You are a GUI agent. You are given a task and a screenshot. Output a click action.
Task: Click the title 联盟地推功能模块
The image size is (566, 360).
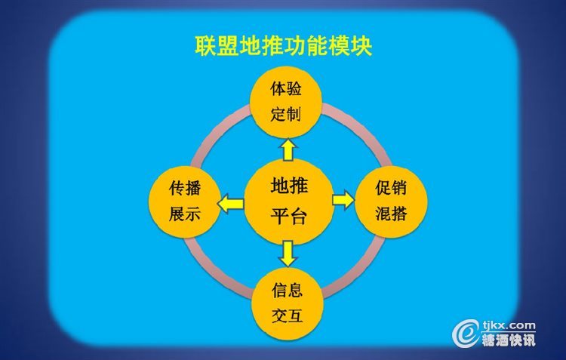pos(283,46)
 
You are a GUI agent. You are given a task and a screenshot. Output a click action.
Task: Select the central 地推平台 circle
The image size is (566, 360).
pos(289,202)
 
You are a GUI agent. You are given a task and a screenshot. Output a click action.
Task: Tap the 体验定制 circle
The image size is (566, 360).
pos(286,102)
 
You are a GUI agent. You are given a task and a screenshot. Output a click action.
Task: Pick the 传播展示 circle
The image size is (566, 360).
pos(185,202)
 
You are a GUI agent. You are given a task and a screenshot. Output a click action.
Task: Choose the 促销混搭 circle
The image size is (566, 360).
pos(391,202)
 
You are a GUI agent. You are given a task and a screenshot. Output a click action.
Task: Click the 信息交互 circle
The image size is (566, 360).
pos(288,303)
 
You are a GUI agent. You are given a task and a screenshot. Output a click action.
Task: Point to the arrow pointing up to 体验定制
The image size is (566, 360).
pos(288,149)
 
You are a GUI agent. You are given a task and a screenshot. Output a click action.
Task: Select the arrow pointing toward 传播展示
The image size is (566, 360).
pos(231,203)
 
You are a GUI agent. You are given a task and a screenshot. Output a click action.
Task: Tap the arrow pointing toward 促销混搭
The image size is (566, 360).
pos(343,200)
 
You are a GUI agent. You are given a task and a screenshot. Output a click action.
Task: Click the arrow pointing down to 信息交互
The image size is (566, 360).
pos(288,254)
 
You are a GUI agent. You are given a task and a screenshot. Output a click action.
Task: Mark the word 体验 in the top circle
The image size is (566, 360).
pos(286,89)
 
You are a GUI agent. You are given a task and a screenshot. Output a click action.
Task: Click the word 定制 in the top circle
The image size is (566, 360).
pos(286,115)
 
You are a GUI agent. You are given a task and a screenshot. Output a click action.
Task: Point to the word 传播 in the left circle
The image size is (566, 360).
pos(185,189)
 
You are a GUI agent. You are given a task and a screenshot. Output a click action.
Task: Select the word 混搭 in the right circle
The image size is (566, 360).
pos(391,214)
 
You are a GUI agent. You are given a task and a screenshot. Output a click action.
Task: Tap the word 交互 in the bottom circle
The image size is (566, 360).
pos(288,315)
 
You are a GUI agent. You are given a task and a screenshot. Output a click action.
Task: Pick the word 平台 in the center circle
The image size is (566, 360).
pos(289,217)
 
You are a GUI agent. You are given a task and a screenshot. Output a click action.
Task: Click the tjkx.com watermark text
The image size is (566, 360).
pos(509,325)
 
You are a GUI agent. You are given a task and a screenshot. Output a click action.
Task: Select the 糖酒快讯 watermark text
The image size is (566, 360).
pos(509,340)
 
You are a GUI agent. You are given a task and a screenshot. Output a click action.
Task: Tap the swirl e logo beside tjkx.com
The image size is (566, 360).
pos(466,333)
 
